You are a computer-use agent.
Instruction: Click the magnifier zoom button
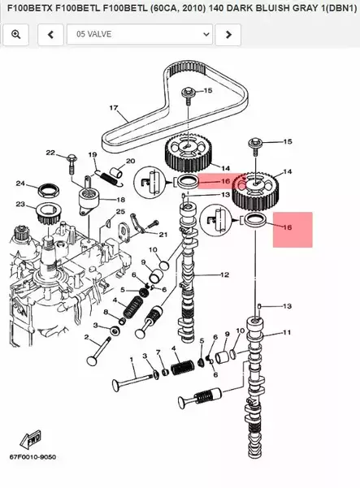[x=15, y=34]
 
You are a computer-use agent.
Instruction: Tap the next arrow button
[x=228, y=34]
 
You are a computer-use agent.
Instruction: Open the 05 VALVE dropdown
[x=140, y=34]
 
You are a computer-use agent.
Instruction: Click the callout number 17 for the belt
[x=114, y=108]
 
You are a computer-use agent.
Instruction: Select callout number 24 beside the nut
[x=20, y=184]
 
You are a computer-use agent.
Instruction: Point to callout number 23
[x=20, y=204]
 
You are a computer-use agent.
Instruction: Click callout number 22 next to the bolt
[x=50, y=153]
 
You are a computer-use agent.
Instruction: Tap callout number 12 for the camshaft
[x=224, y=274]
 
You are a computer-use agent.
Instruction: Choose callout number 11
[x=287, y=332]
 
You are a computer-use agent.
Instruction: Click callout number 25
[x=120, y=212]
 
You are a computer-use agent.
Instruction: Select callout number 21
[x=163, y=235]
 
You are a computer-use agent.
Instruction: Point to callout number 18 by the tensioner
[x=120, y=200]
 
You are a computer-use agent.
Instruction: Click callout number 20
[x=130, y=161]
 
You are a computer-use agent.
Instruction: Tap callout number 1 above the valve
[x=132, y=360]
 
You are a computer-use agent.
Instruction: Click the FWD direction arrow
[x=31, y=439]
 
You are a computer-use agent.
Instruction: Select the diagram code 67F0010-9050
[x=33, y=457]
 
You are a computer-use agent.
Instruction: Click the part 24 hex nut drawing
[x=49, y=191]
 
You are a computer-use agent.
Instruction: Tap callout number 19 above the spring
[x=93, y=154]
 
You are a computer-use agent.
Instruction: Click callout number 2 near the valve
[x=86, y=337]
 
